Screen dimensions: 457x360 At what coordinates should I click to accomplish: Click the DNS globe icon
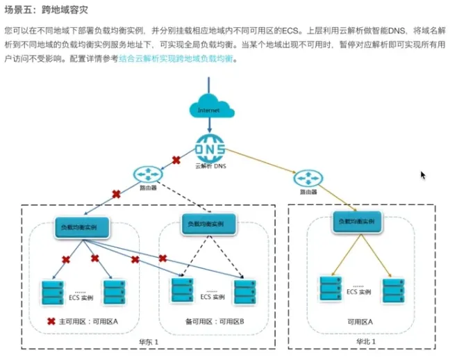pyautogui.click(x=210, y=148)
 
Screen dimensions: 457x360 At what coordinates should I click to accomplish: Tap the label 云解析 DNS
pyautogui.click(x=210, y=166)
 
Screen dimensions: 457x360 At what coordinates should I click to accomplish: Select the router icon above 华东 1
pyautogui.click(x=148, y=174)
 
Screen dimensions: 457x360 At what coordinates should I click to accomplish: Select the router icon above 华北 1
pyautogui.click(x=308, y=179)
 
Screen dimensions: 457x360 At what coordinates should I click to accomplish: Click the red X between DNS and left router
pyautogui.click(x=176, y=160)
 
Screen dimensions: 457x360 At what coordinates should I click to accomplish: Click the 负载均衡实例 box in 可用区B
pyautogui.click(x=208, y=224)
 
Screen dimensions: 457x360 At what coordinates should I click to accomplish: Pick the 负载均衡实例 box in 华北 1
pyautogui.click(x=357, y=222)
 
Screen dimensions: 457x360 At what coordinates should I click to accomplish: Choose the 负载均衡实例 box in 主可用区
pyautogui.click(x=82, y=227)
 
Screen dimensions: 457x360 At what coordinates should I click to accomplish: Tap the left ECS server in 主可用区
pyautogui.click(x=53, y=293)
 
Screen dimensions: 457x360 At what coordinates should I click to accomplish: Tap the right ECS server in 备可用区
pyautogui.click(x=245, y=292)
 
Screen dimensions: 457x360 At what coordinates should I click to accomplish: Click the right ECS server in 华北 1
pyautogui.click(x=394, y=291)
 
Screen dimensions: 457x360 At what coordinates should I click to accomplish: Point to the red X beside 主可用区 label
pyautogui.click(x=51, y=321)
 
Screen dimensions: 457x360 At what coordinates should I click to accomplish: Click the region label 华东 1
pyautogui.click(x=149, y=342)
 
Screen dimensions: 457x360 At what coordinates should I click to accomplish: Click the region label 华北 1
pyautogui.click(x=366, y=342)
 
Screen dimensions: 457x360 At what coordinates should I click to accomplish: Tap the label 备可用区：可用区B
pyautogui.click(x=215, y=322)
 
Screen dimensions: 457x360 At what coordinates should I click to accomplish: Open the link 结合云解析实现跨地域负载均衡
pyautogui.click(x=176, y=59)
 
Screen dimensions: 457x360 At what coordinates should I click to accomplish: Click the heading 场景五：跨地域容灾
pyautogui.click(x=47, y=10)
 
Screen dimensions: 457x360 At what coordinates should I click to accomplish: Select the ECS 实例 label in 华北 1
pyautogui.click(x=358, y=292)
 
